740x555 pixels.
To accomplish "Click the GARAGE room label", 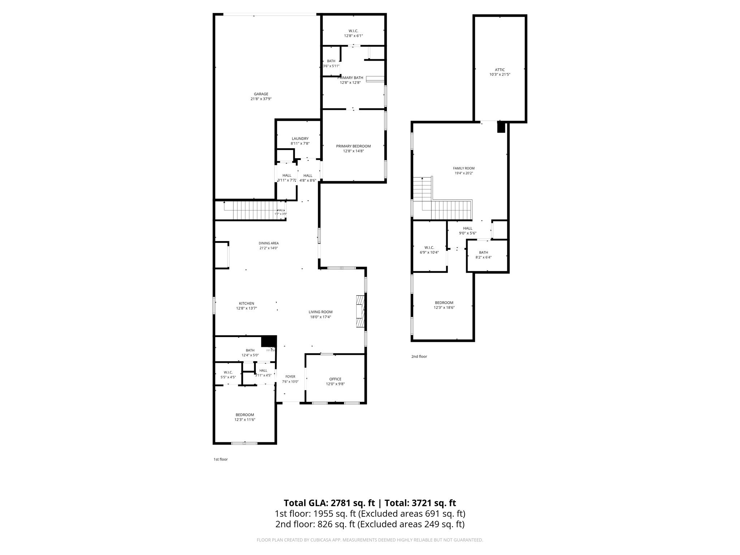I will coord(261,94).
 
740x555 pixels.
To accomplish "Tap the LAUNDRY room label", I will coord(300,139).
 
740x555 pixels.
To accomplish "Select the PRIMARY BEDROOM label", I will coord(353,146).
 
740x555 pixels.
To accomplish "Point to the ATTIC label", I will coord(500,70).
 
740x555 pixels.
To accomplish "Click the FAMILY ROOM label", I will coord(464,168).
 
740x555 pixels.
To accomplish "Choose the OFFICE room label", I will coord(335,379).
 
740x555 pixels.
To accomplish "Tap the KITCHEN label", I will coord(246,304).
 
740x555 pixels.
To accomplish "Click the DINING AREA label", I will coord(268,243).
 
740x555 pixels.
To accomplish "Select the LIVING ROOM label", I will coord(320,312).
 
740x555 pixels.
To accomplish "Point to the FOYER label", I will coord(290,377).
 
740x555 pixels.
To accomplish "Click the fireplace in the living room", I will coord(361,311).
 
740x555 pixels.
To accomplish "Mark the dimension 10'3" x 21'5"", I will coord(500,75).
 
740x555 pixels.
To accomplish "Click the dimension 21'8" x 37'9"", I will coord(261,99).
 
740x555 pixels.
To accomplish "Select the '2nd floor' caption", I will coord(419,357).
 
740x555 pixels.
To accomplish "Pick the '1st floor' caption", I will coord(220,460).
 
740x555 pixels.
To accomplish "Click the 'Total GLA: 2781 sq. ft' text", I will coord(329,503).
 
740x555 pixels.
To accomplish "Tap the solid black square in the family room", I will coord(501,127).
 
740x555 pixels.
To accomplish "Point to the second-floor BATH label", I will coord(483,253).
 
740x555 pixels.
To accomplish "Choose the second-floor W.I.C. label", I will coord(429,248).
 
